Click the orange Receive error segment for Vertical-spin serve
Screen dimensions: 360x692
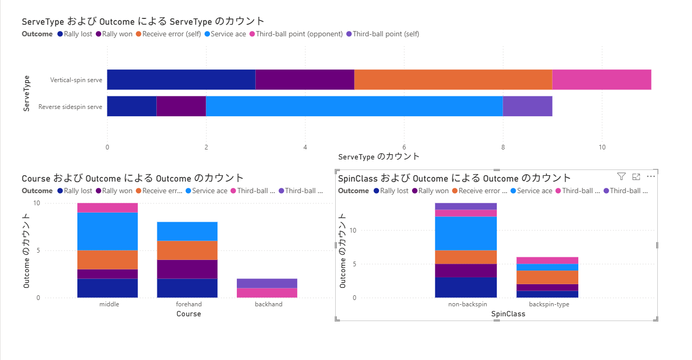coord(453,79)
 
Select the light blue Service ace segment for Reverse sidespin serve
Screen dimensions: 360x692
coord(354,106)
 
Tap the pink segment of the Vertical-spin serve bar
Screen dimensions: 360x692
coord(601,79)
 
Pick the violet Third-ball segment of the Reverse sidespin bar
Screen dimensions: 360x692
coord(527,106)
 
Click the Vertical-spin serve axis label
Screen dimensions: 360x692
coord(76,81)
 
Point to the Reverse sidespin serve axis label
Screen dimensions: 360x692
coord(71,107)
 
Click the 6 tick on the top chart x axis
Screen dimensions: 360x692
coord(404,147)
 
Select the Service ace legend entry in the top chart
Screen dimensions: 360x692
coord(225,34)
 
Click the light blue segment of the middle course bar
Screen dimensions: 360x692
coord(107,231)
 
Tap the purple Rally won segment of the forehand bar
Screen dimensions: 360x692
coord(187,269)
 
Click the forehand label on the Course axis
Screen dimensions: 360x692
coord(188,304)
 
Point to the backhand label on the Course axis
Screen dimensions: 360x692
coord(268,304)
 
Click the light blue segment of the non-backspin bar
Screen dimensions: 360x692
coord(465,233)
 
